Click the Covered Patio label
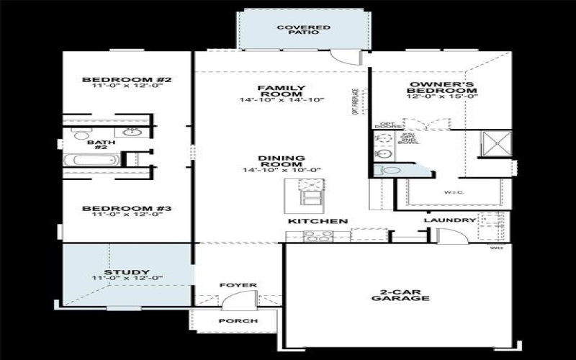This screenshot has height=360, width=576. coord(304,30)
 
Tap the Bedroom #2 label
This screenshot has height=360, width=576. coord(126,79)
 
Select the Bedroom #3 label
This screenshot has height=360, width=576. coord(126,209)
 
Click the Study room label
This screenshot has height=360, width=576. coord(126,272)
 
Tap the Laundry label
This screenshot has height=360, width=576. coord(449,220)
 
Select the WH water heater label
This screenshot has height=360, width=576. coord(495,248)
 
